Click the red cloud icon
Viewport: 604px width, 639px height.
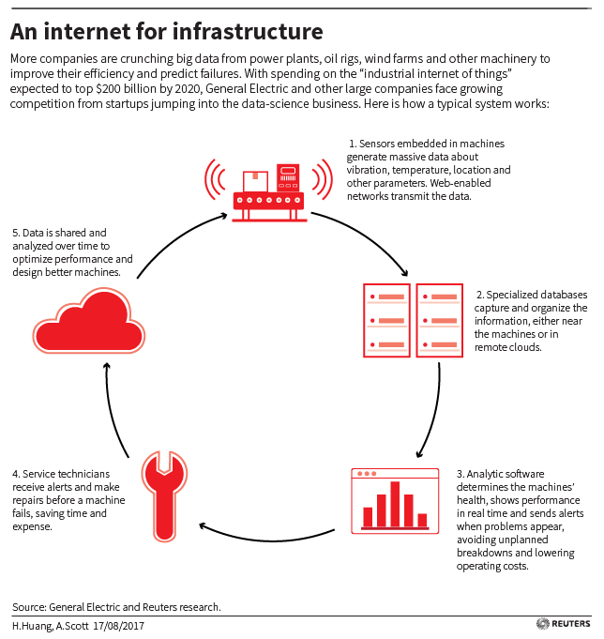pos(89,323)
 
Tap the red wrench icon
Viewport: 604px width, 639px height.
pos(164,496)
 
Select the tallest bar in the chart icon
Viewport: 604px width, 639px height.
pos(395,504)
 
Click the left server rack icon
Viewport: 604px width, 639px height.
pos(386,320)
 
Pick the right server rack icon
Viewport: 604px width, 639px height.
pos(440,320)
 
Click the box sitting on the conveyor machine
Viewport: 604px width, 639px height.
pos(255,181)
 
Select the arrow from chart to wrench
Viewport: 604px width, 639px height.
pos(269,540)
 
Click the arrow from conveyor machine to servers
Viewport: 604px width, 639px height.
pos(366,237)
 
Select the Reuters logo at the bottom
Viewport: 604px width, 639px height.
pos(564,623)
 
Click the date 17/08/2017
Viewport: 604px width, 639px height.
pos(118,626)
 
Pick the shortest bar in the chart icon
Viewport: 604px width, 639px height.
pos(422,520)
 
